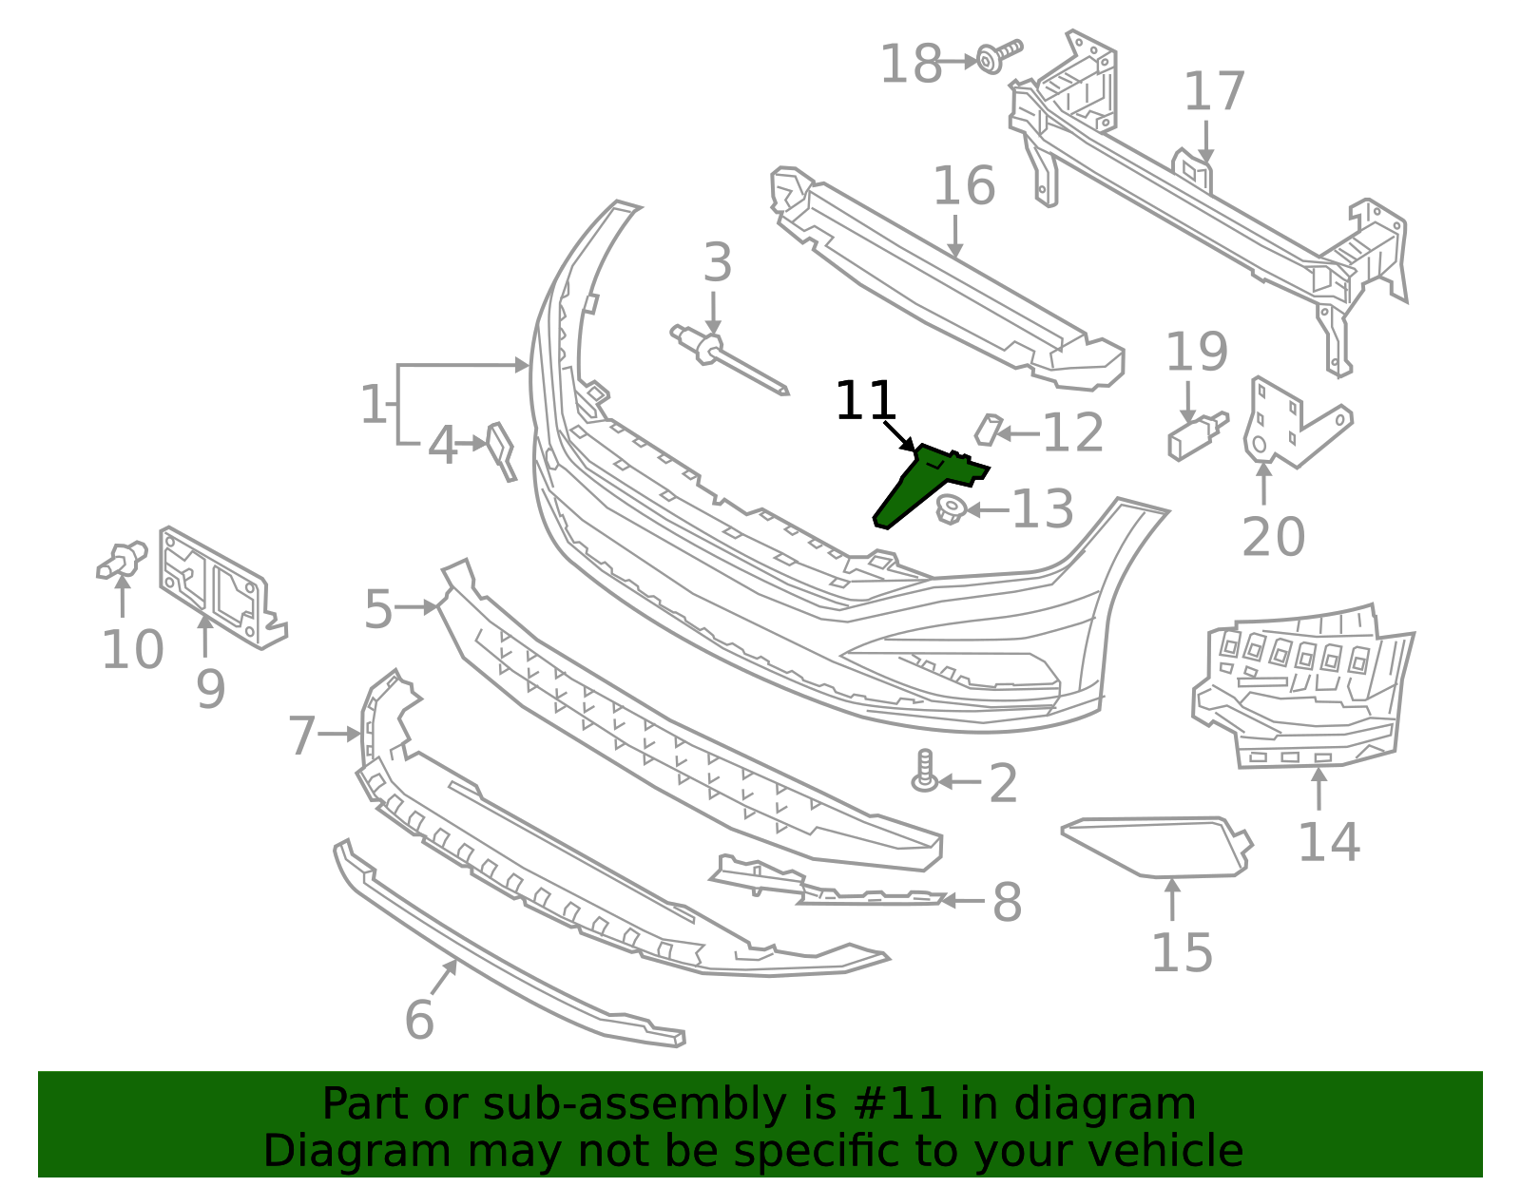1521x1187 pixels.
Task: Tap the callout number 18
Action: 910,65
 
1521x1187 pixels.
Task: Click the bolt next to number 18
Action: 994,57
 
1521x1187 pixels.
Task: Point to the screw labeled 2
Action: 924,772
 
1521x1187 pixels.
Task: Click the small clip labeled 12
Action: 988,430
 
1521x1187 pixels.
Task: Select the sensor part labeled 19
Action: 1194,437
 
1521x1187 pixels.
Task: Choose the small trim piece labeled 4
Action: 501,450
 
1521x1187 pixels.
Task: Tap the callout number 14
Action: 1328,842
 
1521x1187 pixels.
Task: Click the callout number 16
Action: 963,186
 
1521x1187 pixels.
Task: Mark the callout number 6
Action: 419,1021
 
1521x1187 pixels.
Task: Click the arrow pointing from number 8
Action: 961,900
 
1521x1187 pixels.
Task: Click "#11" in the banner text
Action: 898,1104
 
